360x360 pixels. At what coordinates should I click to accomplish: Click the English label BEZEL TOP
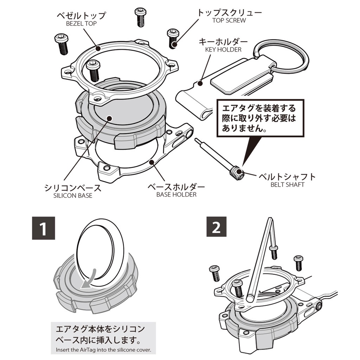[81, 24]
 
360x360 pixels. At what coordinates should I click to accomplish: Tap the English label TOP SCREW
[229, 20]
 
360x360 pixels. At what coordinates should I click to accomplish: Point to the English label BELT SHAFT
[287, 184]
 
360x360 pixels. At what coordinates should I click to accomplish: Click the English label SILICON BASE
[73, 195]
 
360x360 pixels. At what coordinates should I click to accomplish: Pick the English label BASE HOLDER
[176, 194]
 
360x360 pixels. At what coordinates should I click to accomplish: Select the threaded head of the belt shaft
[238, 172]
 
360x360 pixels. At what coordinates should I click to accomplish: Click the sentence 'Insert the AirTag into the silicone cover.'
[103, 350]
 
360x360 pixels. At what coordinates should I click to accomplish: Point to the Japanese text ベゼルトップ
[81, 16]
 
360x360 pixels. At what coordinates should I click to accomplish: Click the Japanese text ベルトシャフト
[287, 176]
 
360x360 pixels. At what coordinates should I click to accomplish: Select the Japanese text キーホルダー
[223, 41]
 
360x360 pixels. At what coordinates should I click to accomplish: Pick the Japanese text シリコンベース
[73, 187]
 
